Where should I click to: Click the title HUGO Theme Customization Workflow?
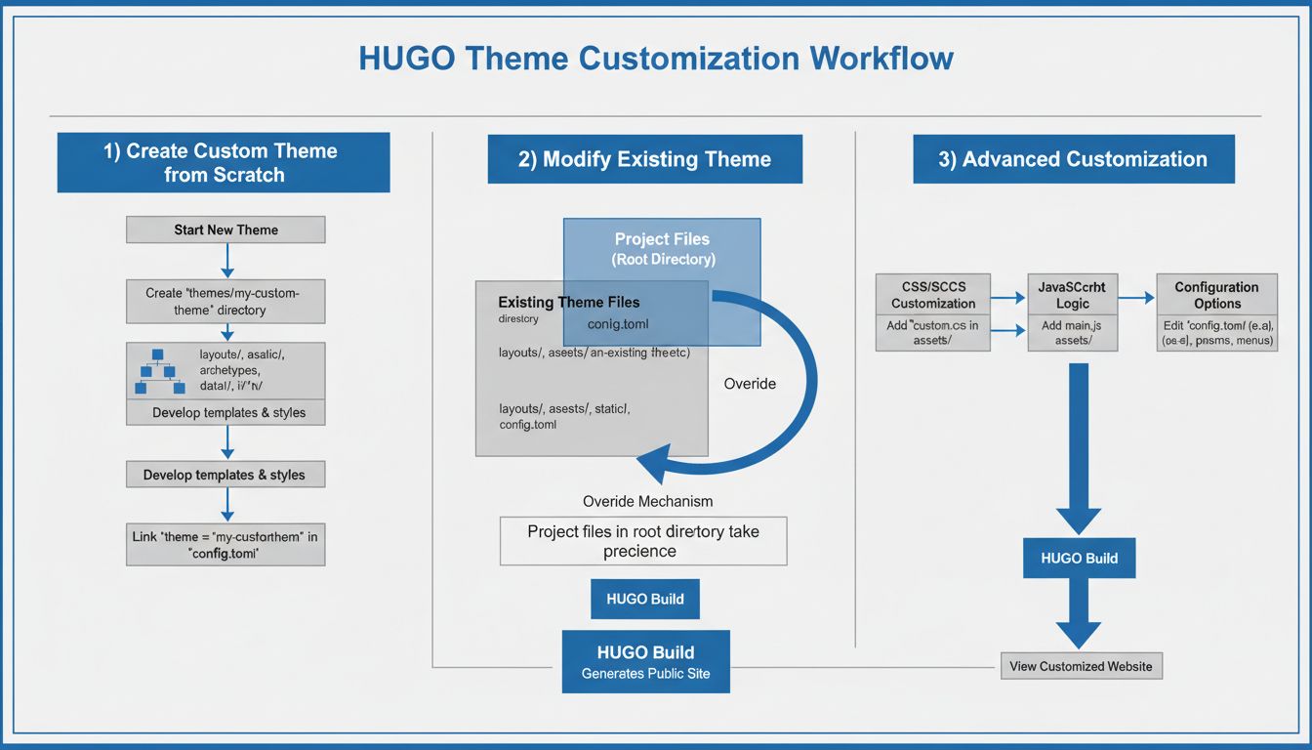coord(655,59)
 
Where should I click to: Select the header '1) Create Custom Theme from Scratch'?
coord(224,163)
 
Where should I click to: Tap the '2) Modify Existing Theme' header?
coord(644,159)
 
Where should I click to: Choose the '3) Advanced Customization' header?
coord(1073,159)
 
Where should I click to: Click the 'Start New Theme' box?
coord(225,230)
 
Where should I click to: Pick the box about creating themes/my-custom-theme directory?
coord(225,302)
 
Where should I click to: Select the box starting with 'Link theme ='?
coord(225,544)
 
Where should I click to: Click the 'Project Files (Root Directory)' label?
coord(662,249)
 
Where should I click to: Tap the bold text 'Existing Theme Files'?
coord(569,303)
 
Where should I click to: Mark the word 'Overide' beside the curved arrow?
coord(750,384)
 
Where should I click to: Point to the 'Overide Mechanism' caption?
coord(647,501)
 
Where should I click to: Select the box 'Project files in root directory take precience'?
coord(643,541)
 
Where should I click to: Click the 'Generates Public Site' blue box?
coord(645,661)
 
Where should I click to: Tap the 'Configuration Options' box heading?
coord(1216,295)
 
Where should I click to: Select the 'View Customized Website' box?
coord(1081,666)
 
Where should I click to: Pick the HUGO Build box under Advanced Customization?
coord(1079,559)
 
